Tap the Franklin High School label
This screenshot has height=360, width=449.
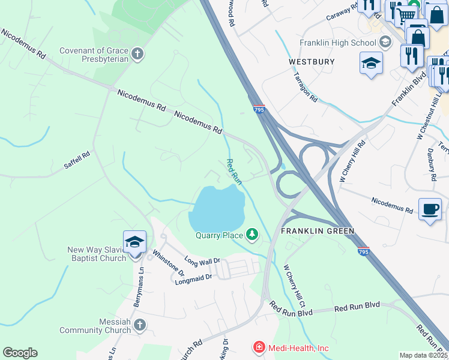[339, 43]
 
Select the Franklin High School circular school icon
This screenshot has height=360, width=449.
[385, 42]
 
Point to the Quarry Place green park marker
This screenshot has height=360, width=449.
[253, 235]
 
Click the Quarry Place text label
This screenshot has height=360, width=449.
[219, 235]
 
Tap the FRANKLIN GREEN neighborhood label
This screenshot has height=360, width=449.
[318, 231]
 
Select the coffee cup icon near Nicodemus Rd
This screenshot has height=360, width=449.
[430, 209]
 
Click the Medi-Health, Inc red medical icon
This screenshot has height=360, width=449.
[259, 347]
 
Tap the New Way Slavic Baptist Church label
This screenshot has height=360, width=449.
[96, 254]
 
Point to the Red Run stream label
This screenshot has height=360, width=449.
[234, 171]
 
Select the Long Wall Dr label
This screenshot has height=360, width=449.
[202, 262]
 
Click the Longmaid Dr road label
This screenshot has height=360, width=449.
[193, 277]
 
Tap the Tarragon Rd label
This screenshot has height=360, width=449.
[306, 87]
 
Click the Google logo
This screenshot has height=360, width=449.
[20, 353]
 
